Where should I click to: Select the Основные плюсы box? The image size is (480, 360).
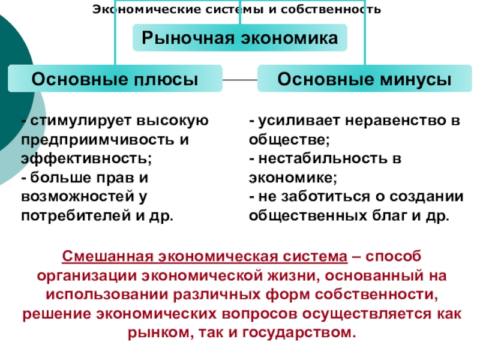[114, 79]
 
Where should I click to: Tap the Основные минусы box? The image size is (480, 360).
[365, 79]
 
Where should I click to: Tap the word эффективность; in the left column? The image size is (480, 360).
[86, 159]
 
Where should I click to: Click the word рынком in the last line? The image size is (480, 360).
[154, 332]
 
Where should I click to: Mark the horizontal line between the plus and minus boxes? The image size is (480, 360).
[239, 79]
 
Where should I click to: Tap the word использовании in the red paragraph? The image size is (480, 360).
[106, 295]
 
